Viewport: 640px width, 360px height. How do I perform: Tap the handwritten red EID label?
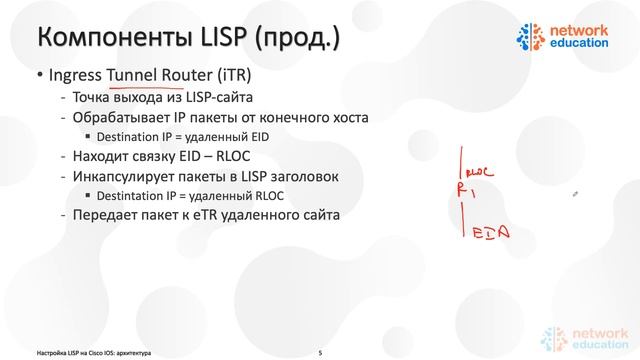491,232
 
